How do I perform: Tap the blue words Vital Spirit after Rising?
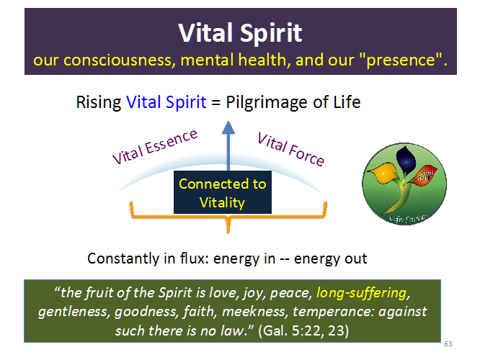coord(166,102)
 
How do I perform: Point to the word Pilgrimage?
coord(264,102)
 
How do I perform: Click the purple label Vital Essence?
coord(154,146)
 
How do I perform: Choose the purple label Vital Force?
coord(290,147)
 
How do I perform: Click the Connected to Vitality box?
coord(222,193)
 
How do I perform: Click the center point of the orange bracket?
coord(228,225)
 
